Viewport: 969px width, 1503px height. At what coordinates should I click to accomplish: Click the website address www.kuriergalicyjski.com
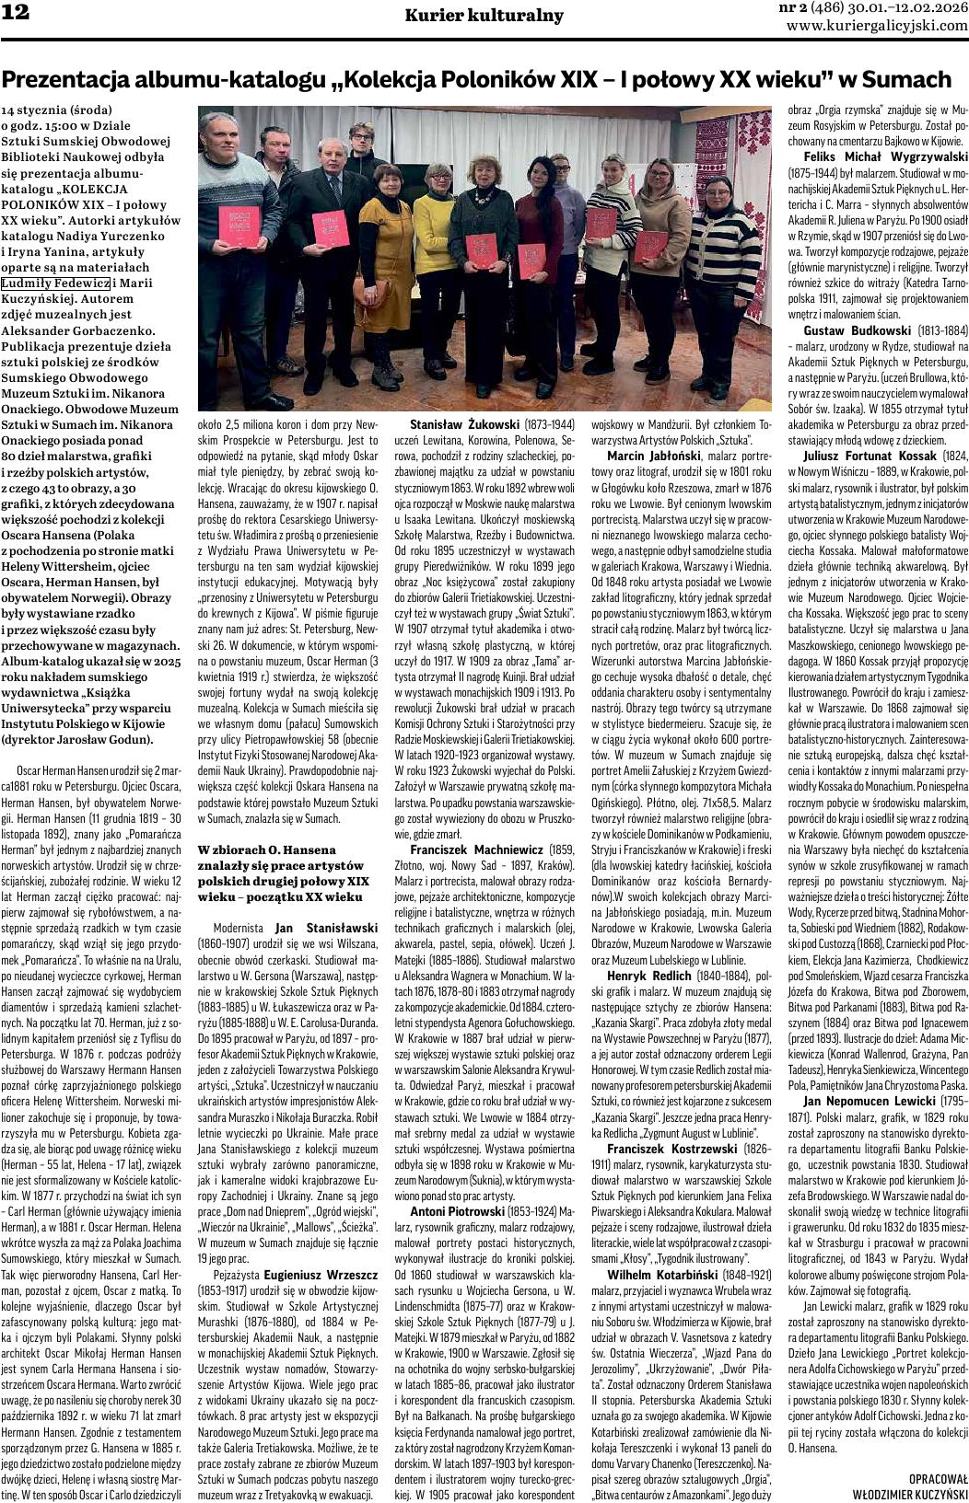click(877, 26)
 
